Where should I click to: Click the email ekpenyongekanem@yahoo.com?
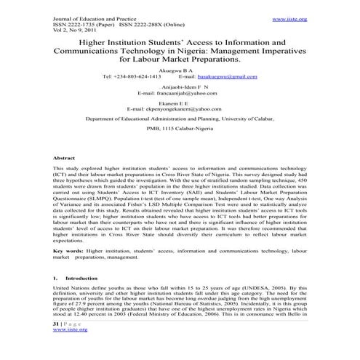click(179, 131)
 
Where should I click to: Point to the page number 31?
click(58, 324)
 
